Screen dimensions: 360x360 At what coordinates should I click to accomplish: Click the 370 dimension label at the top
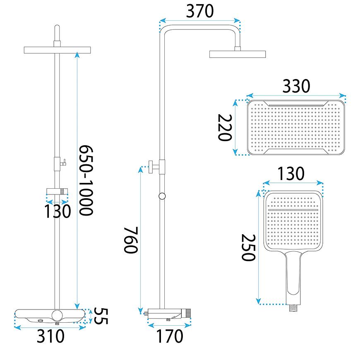click(200, 11)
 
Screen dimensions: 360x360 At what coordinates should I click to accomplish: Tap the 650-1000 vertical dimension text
click(86, 180)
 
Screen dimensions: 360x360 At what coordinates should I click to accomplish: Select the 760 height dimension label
click(131, 240)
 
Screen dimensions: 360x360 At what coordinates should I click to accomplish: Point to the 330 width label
click(296, 86)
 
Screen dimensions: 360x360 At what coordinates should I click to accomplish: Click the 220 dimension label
click(225, 127)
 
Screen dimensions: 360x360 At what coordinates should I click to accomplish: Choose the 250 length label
click(248, 247)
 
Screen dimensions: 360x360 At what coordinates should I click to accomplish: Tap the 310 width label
click(50, 336)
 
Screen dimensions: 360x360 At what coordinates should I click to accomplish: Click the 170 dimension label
click(170, 336)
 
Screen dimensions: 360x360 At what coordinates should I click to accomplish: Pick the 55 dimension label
click(101, 316)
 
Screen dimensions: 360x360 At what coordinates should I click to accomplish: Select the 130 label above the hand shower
click(291, 173)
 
